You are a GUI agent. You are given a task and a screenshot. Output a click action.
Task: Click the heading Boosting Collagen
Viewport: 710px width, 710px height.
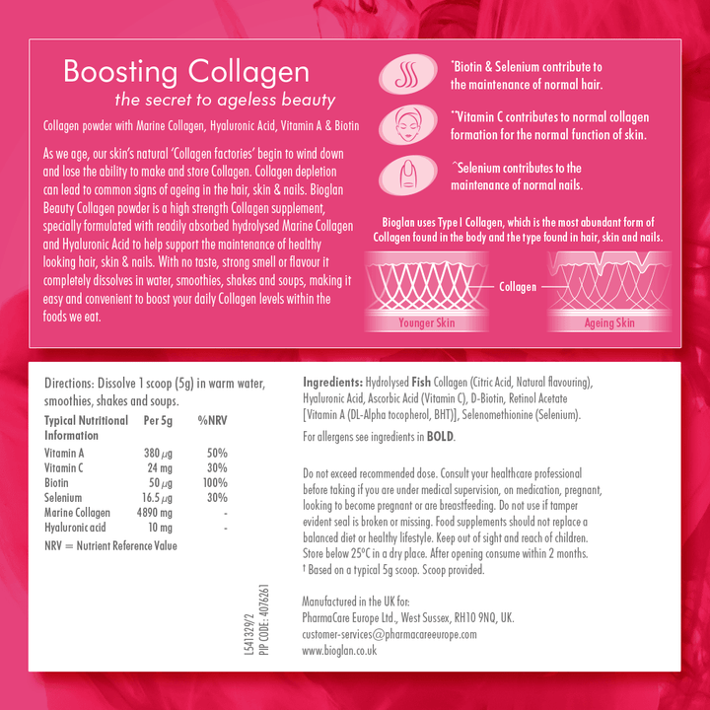[185, 72]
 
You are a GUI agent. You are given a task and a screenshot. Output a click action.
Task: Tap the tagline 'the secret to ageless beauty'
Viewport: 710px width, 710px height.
[226, 100]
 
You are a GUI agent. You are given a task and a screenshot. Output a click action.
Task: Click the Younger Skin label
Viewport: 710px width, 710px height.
[426, 322]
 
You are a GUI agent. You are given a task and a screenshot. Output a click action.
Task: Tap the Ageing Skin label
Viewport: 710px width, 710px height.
[609, 322]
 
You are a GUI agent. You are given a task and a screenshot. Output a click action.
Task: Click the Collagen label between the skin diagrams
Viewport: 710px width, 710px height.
[518, 287]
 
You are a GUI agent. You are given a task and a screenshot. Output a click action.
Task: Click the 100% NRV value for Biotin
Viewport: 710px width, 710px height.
[214, 483]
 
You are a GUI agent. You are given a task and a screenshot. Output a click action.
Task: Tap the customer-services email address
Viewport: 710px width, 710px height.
[389, 634]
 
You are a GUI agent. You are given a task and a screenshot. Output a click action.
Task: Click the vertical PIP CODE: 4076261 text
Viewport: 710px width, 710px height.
[264, 624]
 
